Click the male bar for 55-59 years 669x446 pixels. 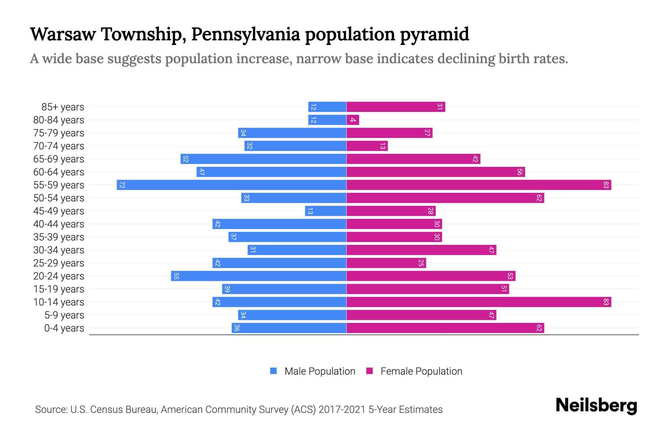[x=231, y=185]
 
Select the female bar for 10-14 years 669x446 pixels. [x=479, y=302]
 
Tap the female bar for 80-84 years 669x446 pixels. [x=353, y=120]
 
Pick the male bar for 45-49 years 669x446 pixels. [x=326, y=211]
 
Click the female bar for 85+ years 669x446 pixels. [x=396, y=107]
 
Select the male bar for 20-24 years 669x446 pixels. [x=259, y=276]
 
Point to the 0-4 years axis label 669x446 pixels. [x=64, y=328]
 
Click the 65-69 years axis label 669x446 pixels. [x=59, y=159]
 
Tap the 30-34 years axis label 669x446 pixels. [x=59, y=250]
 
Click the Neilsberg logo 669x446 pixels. [x=596, y=405]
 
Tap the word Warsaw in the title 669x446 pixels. [x=63, y=34]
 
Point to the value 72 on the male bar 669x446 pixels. [x=122, y=185]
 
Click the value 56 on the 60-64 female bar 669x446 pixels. [x=520, y=172]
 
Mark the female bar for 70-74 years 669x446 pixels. [x=367, y=146]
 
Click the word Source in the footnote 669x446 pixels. [x=51, y=410]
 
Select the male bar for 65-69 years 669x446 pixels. [x=264, y=159]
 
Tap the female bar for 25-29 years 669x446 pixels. [x=386, y=263]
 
